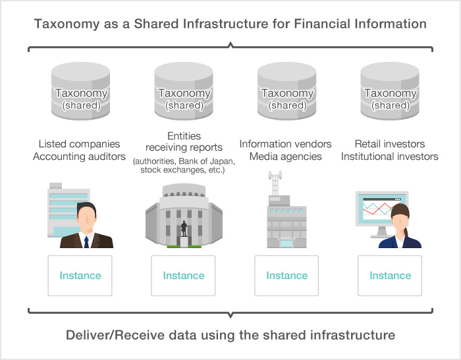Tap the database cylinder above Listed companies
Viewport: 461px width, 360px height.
tap(80, 92)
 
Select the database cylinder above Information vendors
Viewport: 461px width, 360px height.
tap(287, 92)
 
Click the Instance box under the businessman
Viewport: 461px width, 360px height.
tap(80, 275)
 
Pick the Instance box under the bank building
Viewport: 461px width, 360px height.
tap(184, 275)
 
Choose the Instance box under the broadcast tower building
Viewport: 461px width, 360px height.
tap(286, 275)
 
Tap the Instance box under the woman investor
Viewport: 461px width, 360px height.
tap(390, 275)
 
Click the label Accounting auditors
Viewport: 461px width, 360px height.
tap(80, 157)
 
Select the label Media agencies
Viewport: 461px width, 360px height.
tap(286, 157)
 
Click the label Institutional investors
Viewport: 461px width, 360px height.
tap(390, 157)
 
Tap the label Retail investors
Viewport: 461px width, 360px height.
tap(390, 144)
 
